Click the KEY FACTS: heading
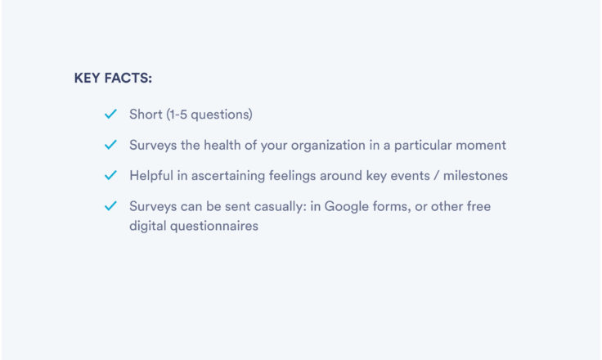113,78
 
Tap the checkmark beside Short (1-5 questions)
110,114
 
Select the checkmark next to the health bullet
110,145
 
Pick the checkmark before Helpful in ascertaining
110,175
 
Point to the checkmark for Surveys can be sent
110,206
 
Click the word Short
146,114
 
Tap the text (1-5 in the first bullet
177,115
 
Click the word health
222,145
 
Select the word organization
328,146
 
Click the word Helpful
151,176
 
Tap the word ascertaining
228,176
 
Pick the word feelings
292,176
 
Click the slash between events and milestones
437,176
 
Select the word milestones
475,176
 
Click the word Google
347,207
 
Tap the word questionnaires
213,227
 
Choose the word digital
147,227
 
